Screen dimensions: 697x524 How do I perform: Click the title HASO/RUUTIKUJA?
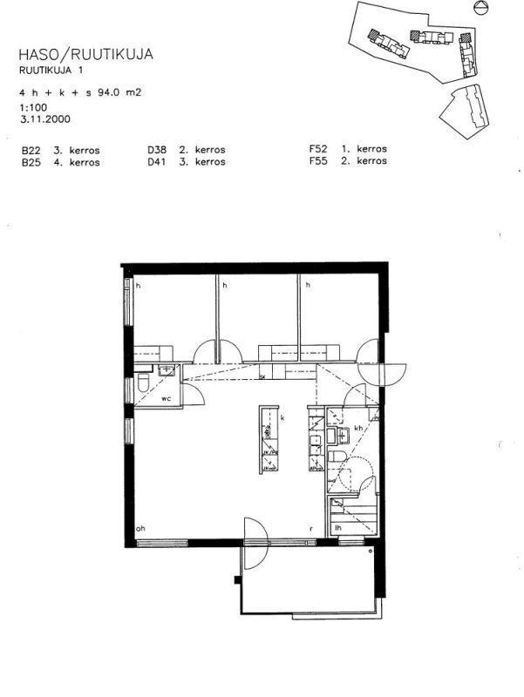click(x=85, y=55)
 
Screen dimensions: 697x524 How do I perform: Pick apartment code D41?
click(x=157, y=162)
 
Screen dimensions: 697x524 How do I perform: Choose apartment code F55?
click(x=317, y=162)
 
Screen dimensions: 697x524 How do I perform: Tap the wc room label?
click(x=165, y=398)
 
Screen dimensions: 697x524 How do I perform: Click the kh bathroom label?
click(x=358, y=429)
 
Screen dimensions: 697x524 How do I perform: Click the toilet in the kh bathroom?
click(x=335, y=459)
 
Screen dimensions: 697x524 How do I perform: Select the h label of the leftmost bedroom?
click(x=138, y=285)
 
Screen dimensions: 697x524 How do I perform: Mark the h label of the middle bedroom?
click(x=223, y=285)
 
